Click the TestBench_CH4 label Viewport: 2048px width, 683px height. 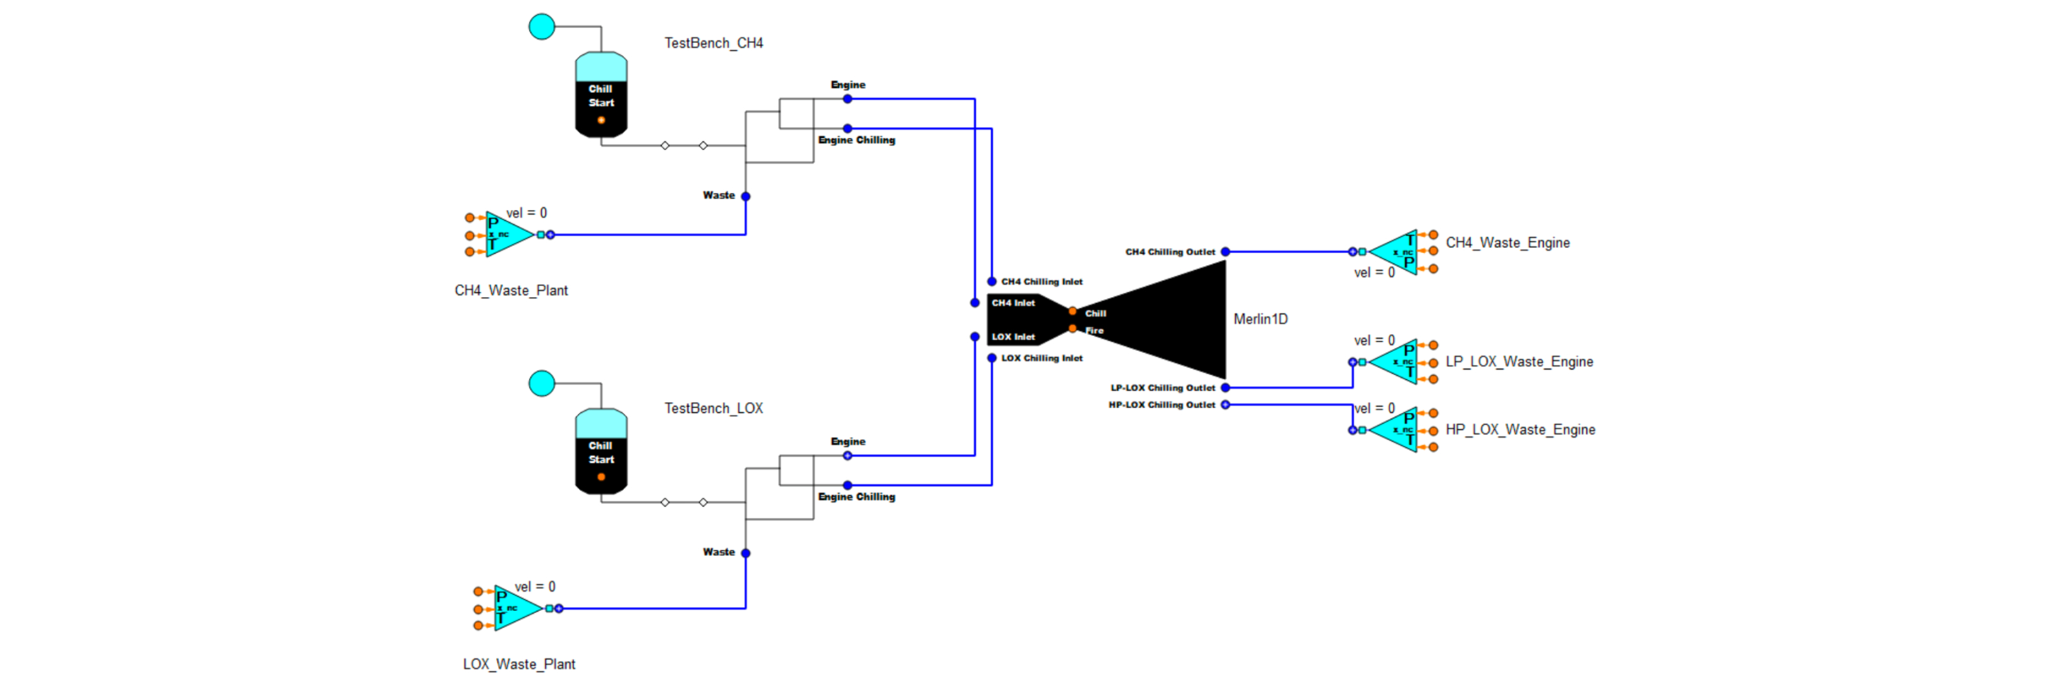(713, 43)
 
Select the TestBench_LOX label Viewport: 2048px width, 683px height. (713, 408)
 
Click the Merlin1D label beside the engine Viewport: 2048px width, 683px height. (1260, 319)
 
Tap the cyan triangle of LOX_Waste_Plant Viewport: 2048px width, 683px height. (515, 608)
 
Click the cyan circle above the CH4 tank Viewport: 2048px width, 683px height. (542, 26)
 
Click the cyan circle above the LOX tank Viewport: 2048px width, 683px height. (542, 383)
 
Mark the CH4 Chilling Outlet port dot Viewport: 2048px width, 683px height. (1225, 251)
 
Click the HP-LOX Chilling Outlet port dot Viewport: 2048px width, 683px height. (1225, 405)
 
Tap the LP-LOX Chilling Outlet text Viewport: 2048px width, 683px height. (1162, 388)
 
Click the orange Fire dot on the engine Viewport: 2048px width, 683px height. (1073, 328)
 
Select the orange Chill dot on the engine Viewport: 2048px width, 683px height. (1073, 312)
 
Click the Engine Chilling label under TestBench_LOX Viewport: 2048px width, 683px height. (856, 497)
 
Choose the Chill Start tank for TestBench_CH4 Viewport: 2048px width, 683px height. (601, 95)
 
